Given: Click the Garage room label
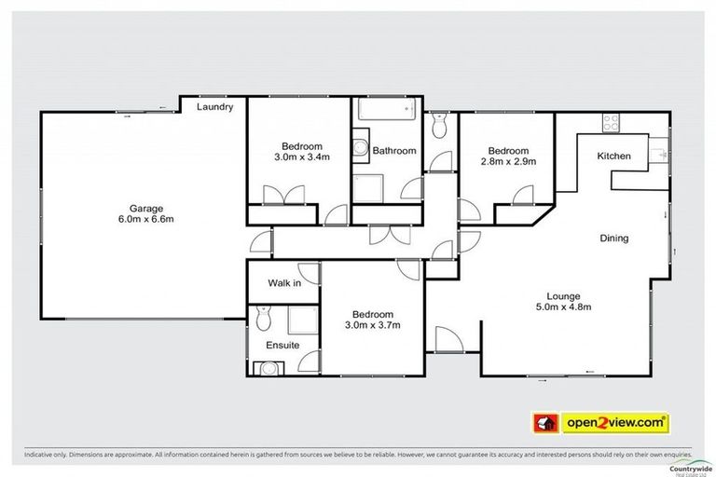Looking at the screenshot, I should coord(146,208).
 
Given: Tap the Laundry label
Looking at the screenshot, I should coord(214,107).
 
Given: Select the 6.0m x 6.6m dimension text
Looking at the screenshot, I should coord(146,220).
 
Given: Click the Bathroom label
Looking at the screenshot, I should coord(392,151).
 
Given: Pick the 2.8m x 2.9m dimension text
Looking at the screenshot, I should coord(508,162).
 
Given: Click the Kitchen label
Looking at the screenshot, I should coord(614,156).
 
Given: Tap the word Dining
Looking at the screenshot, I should coord(613,238).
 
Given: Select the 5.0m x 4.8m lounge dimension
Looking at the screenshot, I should coord(564,307).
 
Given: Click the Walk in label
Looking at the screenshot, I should coord(284,282).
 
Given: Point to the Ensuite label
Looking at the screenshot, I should coord(282,345).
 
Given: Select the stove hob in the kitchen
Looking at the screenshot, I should coord(613,121).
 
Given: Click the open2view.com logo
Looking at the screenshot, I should coord(601,422).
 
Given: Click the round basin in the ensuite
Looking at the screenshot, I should coord(269,368).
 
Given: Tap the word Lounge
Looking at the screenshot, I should coord(564,294).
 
